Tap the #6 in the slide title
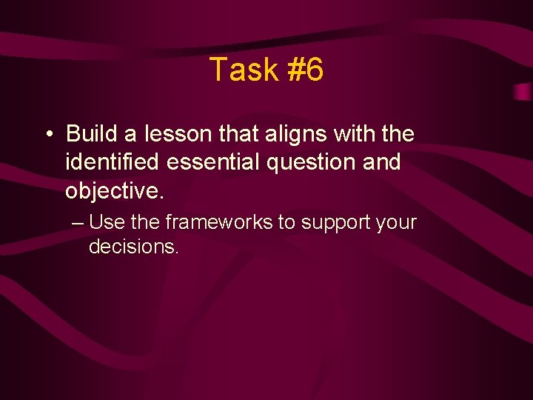click(304, 70)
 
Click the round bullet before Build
click(47, 135)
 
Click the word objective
click(113, 190)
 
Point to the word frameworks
click(220, 222)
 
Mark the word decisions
click(134, 247)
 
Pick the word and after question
click(382, 161)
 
